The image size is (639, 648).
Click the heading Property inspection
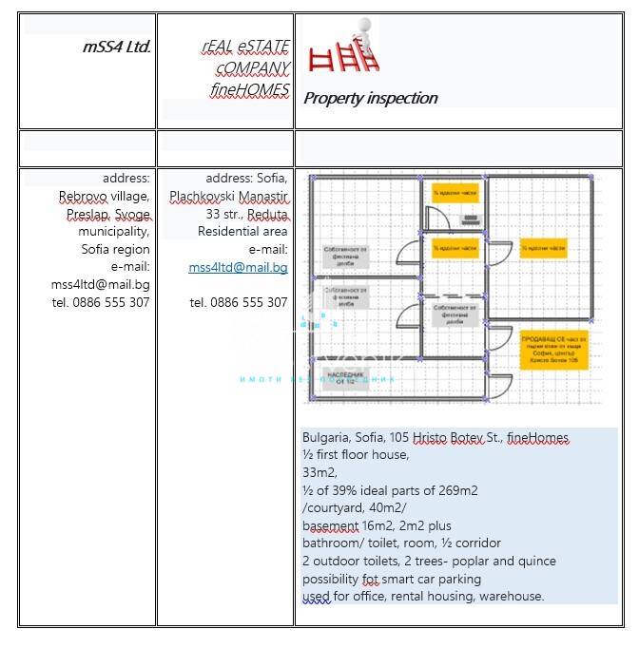pyautogui.click(x=370, y=98)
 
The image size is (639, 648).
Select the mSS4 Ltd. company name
pyautogui.click(x=117, y=46)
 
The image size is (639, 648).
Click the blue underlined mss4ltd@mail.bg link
pyautogui.click(x=238, y=267)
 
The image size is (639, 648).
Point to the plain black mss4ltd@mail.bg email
pyautogui.click(x=100, y=284)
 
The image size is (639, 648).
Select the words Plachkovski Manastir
pyautogui.click(x=228, y=196)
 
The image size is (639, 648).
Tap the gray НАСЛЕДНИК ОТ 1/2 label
pyautogui.click(x=346, y=377)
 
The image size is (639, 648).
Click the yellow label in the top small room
pyautogui.click(x=455, y=194)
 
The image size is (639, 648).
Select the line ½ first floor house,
pyautogui.click(x=356, y=454)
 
